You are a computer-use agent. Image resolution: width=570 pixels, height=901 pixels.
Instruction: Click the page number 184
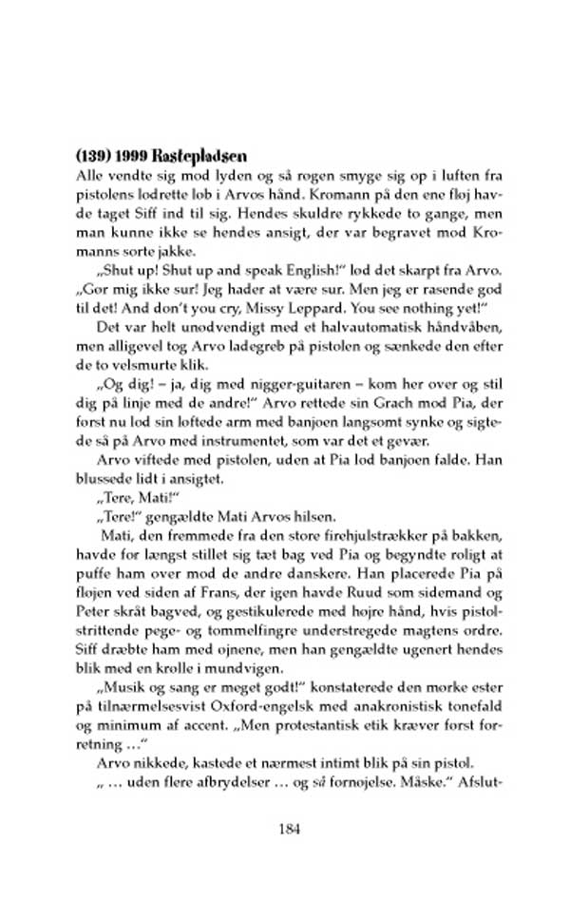click(x=292, y=829)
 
